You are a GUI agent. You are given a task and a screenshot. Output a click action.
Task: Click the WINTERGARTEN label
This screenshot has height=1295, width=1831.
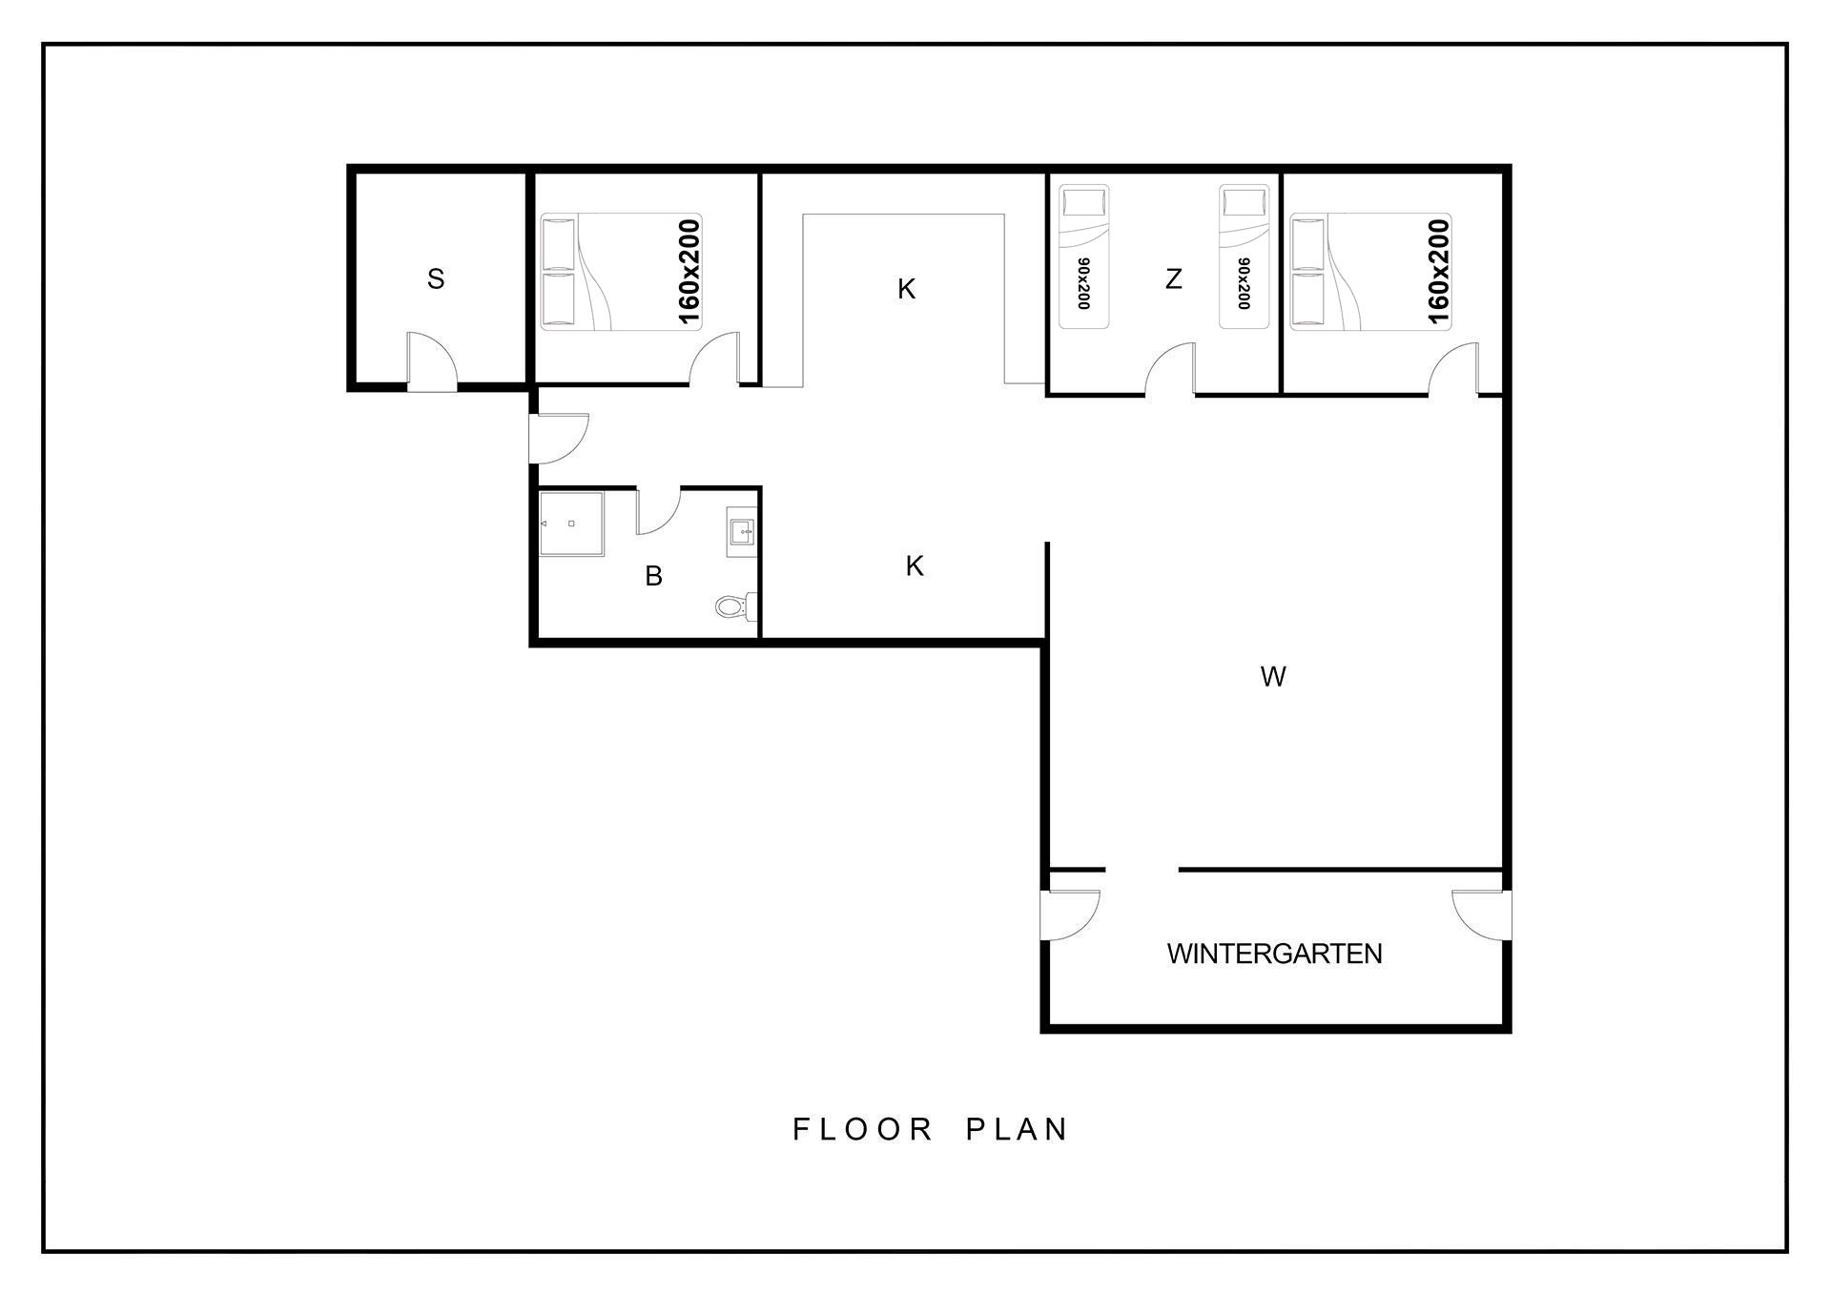pos(1274,954)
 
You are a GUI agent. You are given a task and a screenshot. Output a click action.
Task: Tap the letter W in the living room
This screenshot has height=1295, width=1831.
pos(1273,677)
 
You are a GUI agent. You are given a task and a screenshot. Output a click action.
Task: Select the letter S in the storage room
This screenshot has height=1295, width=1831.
pos(436,279)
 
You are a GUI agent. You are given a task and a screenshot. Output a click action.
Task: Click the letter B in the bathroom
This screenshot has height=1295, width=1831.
pos(653,576)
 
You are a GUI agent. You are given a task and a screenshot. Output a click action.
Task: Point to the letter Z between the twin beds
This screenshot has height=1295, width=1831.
pos(1174,279)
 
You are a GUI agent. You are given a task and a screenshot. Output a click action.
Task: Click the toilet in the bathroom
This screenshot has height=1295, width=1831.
pos(735,605)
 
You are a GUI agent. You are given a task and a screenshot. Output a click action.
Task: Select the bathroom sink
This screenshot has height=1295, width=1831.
pos(742,532)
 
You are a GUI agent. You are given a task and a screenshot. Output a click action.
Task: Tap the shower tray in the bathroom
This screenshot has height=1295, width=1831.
pos(571,524)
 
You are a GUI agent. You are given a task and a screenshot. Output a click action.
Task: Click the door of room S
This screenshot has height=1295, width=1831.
pos(432,361)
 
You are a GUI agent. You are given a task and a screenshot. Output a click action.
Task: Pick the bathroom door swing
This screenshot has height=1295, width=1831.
pos(658,510)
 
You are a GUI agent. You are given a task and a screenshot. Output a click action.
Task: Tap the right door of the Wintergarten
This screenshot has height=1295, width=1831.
pos(1481,915)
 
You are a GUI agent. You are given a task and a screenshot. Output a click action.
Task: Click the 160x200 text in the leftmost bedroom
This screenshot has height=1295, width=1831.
pos(689,272)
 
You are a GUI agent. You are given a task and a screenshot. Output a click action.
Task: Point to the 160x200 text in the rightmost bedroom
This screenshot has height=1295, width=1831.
pos(1438,272)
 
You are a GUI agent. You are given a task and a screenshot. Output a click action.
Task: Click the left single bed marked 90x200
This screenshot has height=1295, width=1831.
pos(1084,257)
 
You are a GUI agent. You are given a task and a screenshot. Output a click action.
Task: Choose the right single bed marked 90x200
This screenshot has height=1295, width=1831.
pos(1245,257)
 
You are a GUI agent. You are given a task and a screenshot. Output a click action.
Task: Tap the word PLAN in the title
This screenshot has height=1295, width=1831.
pos(1017,1129)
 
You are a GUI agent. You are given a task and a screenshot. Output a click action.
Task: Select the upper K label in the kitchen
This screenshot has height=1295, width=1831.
pos(906,289)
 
